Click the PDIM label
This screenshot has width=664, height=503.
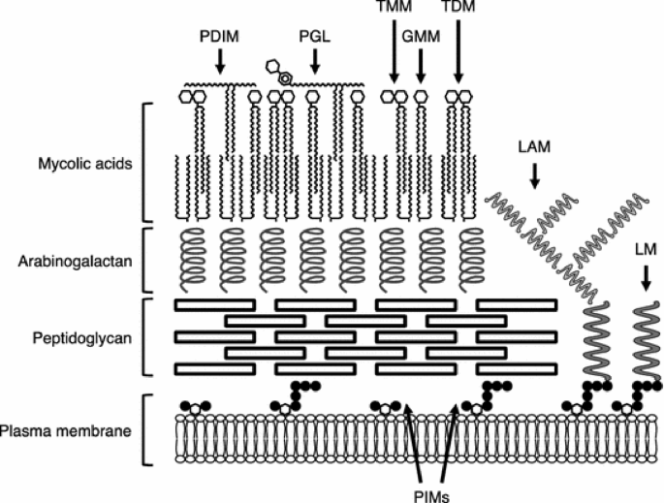[219, 38]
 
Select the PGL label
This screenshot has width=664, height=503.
[314, 38]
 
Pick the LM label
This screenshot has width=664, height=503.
[644, 247]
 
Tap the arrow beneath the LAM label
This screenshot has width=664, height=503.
[534, 173]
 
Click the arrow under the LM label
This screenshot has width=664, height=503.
[645, 276]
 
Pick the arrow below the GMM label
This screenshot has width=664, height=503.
[420, 63]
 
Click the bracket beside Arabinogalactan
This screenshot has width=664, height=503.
[144, 259]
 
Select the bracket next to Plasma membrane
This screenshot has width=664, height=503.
[144, 427]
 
